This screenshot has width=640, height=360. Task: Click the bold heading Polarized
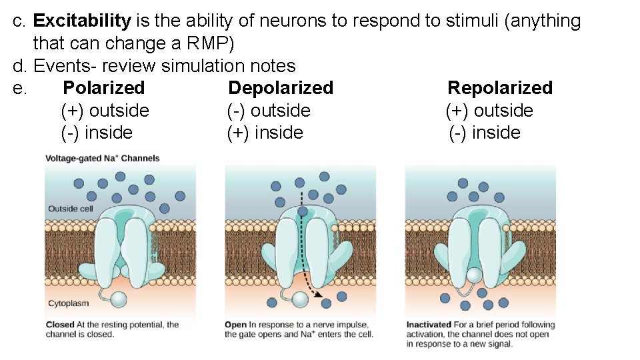pos(103,88)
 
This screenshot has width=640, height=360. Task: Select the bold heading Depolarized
pos(281,88)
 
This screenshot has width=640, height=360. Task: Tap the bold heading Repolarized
pos(500,88)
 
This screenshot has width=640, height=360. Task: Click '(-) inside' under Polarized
pos(97,133)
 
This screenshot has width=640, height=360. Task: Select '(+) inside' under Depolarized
pos(265,133)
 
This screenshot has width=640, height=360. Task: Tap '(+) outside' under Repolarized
pos(489,111)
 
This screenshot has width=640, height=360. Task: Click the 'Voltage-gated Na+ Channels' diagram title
pos(103,159)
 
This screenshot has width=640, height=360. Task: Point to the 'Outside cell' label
pos(70,209)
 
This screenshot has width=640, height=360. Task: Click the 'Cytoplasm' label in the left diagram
pos(68,303)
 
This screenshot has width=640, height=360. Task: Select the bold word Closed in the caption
pos(60,325)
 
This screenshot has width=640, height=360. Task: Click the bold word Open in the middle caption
pos(235,325)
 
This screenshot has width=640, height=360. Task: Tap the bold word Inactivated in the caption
pos(429,325)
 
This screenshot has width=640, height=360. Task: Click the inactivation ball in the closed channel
pos(119,300)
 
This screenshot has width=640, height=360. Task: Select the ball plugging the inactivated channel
pos(474,275)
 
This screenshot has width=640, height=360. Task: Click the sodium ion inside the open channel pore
pos(303,212)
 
